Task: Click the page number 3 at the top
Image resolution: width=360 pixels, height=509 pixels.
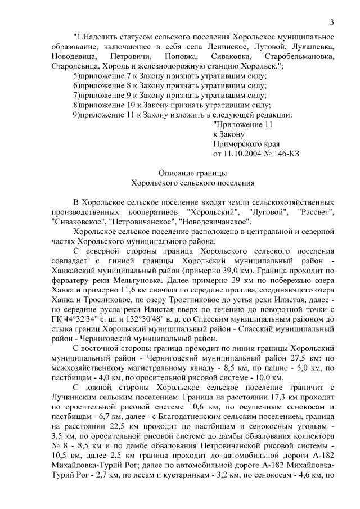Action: pyautogui.click(x=332, y=22)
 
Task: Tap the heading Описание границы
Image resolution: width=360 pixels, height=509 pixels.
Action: pyautogui.click(x=191, y=173)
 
